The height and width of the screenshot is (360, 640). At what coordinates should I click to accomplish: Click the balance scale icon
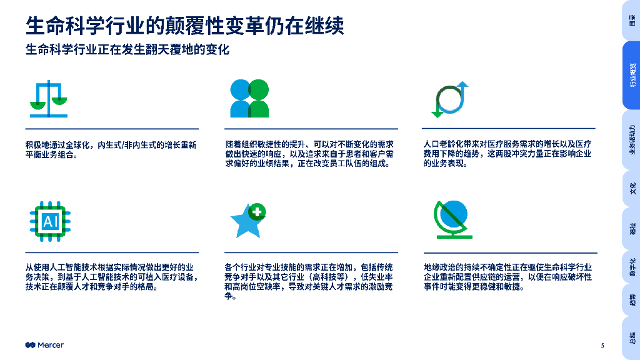[x=49, y=99]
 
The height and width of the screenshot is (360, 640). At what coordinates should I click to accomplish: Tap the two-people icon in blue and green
[x=249, y=99]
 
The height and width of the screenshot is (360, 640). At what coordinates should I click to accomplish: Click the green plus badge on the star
[x=257, y=211]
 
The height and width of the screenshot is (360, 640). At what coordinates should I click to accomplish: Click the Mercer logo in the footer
[x=44, y=346]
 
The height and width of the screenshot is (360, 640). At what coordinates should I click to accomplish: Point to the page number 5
[x=602, y=346]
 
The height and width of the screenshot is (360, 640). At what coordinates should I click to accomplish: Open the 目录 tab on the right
[x=632, y=20]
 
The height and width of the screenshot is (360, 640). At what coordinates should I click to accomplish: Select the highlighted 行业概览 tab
[x=632, y=75]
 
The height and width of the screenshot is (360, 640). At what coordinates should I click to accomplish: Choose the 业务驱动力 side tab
[x=632, y=140]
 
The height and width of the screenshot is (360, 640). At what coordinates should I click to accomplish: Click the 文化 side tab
[x=632, y=187]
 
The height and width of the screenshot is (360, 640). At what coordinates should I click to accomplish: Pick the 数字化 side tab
[x=632, y=267]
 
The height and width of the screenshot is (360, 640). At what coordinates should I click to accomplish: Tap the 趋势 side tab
[x=632, y=301]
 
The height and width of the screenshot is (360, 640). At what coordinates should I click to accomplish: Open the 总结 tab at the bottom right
[x=632, y=338]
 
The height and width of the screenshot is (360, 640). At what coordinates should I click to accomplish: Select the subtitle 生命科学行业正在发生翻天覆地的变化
[x=127, y=50]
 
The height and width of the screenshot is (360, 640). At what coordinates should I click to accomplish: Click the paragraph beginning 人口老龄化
[x=507, y=154]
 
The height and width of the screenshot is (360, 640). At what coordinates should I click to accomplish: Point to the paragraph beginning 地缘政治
[x=507, y=277]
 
